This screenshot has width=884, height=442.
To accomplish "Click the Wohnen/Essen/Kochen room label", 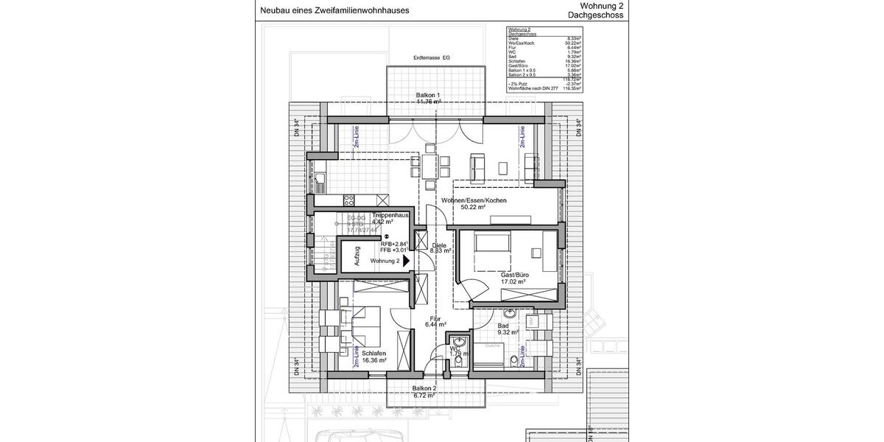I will pos(474,200).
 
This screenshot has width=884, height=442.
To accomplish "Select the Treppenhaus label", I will pos(390,215).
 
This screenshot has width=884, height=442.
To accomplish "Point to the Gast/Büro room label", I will pos(514,275).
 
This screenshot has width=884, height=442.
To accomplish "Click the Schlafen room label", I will pos(374,353).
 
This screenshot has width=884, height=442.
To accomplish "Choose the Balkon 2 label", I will pos(424,388).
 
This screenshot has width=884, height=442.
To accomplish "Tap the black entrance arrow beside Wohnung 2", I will pos(406,261).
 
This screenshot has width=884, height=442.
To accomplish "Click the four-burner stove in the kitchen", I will pos(349,200).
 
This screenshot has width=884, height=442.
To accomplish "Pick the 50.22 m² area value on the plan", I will pos(473,208).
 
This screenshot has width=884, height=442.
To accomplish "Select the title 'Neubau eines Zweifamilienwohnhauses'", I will pos(334,10).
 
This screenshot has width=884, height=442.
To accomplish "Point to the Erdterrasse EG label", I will pos(431,57).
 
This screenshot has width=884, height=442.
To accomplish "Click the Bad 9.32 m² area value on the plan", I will pos(508,332).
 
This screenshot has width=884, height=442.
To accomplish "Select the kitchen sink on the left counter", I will pos(321,179).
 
